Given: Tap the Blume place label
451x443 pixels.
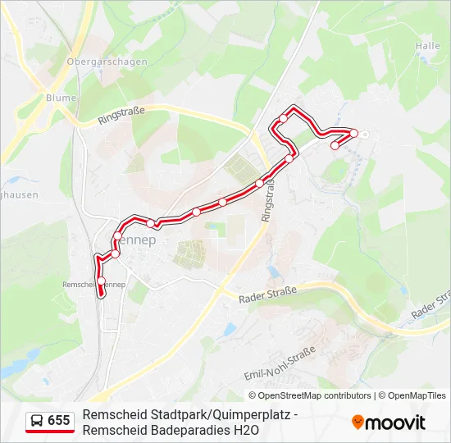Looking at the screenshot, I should pos(61,98).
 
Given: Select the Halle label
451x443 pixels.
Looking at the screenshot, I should pos(428,47).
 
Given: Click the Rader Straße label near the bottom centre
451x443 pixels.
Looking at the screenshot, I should pos(267,294).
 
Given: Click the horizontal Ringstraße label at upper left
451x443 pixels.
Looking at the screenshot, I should pos(121,116).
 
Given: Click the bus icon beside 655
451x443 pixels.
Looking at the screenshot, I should pos(36,421).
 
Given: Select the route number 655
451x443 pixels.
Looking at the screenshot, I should pos(59,421).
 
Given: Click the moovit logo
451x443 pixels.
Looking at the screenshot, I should pos(389,422).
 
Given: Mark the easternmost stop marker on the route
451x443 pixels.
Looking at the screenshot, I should pos(354,133).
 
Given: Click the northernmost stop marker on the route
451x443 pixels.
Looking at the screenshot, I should pos(283,119).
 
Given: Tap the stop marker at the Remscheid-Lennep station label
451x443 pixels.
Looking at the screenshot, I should pos(101,281).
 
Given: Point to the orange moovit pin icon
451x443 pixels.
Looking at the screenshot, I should pos(358,422).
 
